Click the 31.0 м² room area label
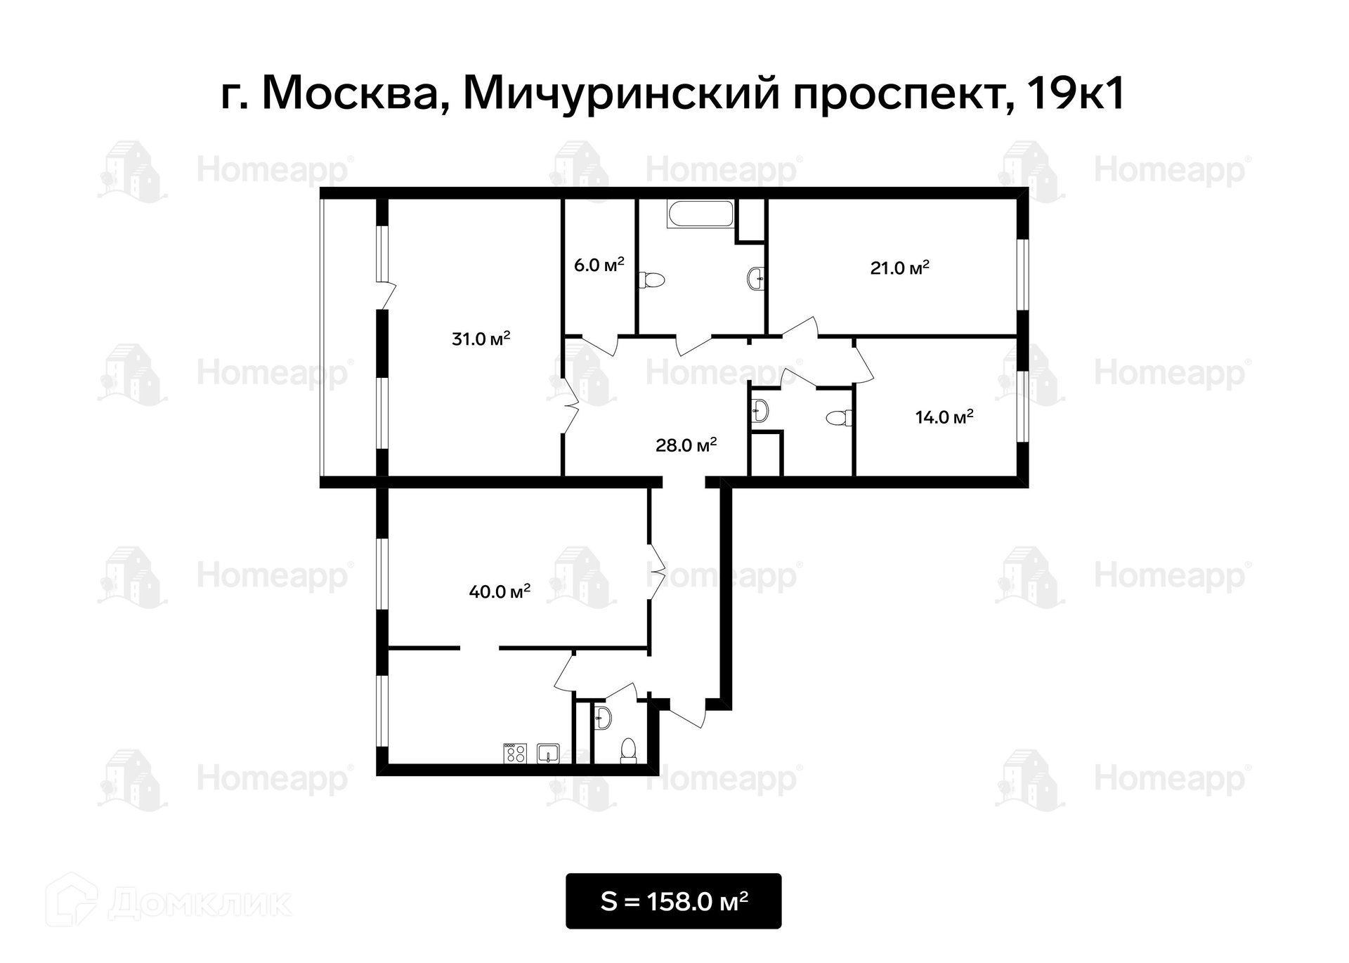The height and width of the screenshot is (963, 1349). [x=481, y=339]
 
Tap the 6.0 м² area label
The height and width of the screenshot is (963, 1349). [x=599, y=265]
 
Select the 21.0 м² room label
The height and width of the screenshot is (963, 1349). [x=899, y=268]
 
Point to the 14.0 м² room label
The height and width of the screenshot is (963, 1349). [x=944, y=417]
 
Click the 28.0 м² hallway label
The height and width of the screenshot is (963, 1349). [x=686, y=445]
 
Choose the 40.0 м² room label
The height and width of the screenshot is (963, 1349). [x=500, y=591]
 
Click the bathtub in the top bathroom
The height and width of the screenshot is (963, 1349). [x=700, y=214]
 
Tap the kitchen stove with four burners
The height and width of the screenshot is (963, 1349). [x=515, y=754]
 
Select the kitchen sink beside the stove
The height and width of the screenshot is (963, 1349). [x=548, y=754]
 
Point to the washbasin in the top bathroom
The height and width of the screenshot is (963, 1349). [x=756, y=278]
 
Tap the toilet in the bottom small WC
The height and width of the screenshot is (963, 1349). [x=628, y=750]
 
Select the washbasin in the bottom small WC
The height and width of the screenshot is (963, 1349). [x=602, y=718]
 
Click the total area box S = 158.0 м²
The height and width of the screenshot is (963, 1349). [x=674, y=901]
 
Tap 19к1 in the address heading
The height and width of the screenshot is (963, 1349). [x=1076, y=93]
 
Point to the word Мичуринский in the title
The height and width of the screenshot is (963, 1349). [x=621, y=93]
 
